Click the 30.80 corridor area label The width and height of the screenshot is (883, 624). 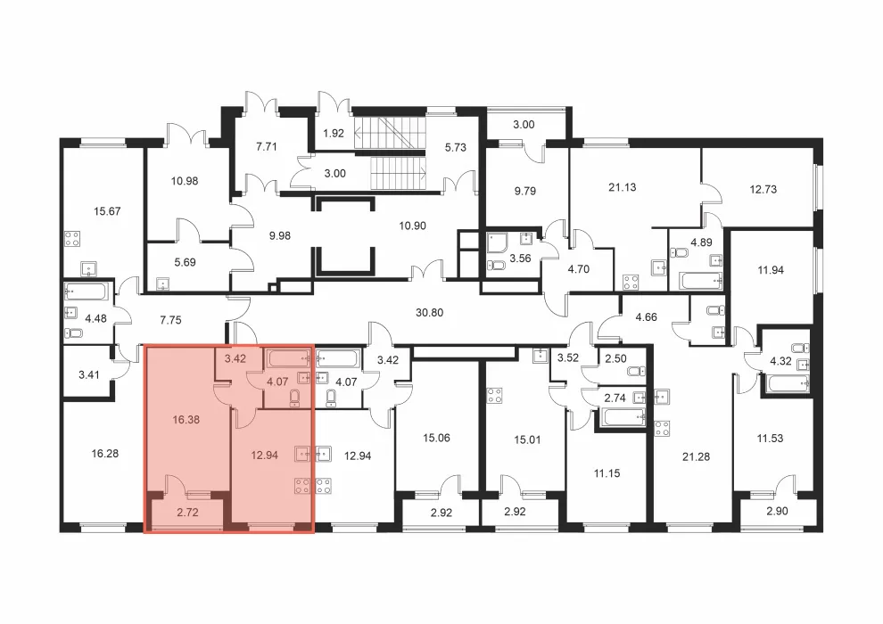pos(429,312)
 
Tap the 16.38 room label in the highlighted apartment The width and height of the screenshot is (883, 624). pos(186,420)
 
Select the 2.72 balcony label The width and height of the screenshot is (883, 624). pos(187,513)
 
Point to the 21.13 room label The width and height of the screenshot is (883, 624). pos(623,187)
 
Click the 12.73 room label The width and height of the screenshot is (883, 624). pos(763,190)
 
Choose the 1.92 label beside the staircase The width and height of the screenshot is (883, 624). pos(334,134)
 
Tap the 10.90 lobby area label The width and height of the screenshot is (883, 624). pos(412,226)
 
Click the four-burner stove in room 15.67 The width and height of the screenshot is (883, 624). pos(72,239)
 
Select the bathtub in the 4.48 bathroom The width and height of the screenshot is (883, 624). pos(87,292)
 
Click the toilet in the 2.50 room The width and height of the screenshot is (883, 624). pos(637,372)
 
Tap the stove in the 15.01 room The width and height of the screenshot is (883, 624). pos(494,395)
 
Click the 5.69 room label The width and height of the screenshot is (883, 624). pos(185,262)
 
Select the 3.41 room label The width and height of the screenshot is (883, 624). pos(89,374)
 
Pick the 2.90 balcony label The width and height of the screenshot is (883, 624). pos(777,512)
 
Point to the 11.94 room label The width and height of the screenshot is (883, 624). pos(771,270)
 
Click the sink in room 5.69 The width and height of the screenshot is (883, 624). pos(163,283)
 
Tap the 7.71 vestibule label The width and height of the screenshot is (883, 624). pos(267,147)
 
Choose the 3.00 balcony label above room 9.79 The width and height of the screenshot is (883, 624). pos(524,125)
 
